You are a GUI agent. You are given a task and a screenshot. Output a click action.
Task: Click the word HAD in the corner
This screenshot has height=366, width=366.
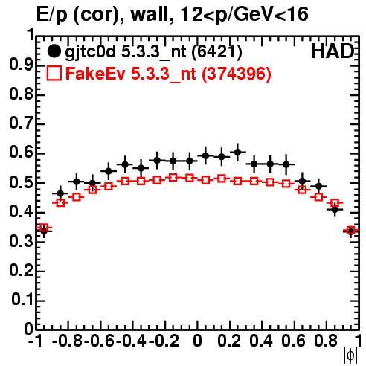tap(333, 51)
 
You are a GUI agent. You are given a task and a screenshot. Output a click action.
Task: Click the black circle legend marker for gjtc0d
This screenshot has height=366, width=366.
tap(54, 51)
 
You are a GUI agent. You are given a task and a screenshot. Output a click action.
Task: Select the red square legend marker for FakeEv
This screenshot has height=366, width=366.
tap(54, 73)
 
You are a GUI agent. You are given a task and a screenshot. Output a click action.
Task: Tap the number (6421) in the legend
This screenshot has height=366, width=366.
tap(217, 51)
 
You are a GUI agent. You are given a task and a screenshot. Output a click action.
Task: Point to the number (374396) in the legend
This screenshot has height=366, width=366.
tap(237, 74)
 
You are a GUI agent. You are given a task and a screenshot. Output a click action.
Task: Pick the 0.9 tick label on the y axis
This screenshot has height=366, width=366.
tap(21, 65)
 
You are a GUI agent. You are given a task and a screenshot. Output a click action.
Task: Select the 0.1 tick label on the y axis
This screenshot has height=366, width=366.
tap(22, 300)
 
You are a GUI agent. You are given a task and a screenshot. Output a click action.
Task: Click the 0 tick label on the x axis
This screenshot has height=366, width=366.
tap(197, 341)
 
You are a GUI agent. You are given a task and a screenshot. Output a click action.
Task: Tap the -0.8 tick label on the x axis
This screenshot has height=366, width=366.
tap(68, 341)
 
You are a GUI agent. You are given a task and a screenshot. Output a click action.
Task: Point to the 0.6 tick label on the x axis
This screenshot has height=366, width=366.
tap(293, 341)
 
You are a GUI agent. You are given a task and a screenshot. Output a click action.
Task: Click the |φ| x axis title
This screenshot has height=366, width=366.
tap(350, 356)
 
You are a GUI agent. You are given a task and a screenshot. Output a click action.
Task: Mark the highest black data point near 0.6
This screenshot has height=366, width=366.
tap(238, 152)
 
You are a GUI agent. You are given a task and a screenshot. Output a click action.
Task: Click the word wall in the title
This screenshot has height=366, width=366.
tap(150, 14)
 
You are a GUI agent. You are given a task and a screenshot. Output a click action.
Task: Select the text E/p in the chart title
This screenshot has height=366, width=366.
tap(52, 16)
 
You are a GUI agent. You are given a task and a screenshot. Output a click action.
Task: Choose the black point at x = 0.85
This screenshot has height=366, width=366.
tap(335, 210)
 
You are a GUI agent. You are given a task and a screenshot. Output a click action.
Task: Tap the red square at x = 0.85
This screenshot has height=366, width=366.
tap(335, 203)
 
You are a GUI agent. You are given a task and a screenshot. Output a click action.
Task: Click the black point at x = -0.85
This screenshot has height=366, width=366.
tap(60, 193)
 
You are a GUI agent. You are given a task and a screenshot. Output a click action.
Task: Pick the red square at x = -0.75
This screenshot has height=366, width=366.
tap(77, 197)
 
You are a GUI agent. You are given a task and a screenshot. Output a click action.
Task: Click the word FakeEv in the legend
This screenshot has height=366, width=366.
tap(95, 74)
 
